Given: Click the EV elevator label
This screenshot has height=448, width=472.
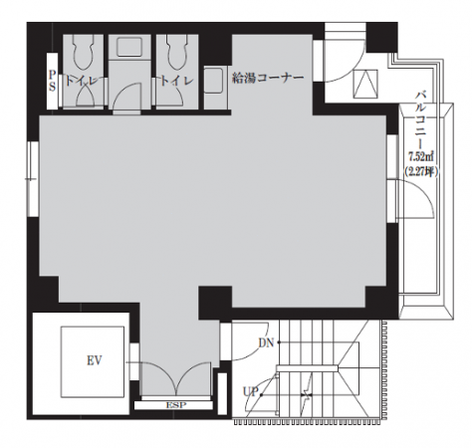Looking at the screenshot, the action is [x=95, y=360].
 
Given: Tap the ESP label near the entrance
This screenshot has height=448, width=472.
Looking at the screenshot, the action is [x=176, y=405].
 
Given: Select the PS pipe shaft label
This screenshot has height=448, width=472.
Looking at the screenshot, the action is [x=52, y=81].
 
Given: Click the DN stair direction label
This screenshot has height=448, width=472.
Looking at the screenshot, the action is [x=266, y=342].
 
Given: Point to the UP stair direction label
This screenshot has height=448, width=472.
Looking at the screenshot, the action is [x=250, y=392].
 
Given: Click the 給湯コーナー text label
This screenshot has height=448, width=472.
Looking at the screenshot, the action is [x=268, y=79].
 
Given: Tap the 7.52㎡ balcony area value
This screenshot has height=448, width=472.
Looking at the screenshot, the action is [x=421, y=155].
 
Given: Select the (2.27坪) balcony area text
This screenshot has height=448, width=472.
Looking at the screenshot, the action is [x=421, y=171].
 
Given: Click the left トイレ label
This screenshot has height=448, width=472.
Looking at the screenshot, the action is [x=82, y=80].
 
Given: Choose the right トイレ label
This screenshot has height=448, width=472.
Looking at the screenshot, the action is [x=177, y=80].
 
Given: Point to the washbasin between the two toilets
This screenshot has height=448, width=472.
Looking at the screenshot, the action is [x=129, y=47].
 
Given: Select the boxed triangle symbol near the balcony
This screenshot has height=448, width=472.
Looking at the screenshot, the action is [x=365, y=84].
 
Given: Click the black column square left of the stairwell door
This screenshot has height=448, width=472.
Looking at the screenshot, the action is [x=215, y=304].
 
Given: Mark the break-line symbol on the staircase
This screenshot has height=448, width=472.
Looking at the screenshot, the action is [x=307, y=395].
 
